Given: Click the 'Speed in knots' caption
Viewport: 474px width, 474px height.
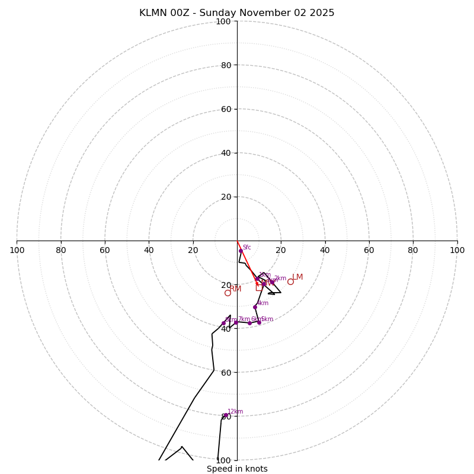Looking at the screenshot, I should pos(237,469).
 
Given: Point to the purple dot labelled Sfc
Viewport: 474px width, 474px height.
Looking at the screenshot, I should pos(241,251).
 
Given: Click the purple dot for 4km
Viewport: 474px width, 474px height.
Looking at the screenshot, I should pos(255,307).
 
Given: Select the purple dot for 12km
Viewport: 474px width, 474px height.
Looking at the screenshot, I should pos(225,415).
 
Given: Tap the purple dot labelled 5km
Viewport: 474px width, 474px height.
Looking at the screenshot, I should pos(259,322).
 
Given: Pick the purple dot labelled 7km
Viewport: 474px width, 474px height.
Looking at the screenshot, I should pos(236,323).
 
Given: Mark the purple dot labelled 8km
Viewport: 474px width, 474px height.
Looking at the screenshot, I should pos(223,323).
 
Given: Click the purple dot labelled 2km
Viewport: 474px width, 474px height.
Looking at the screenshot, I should pos(272,281).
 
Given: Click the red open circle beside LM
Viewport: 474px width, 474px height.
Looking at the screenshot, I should pos(290,281).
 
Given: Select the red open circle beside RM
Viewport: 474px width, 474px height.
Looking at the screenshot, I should pos(228,293).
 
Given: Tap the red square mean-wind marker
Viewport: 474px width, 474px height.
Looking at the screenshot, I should pos(259,287).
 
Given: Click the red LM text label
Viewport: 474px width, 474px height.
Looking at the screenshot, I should pos(297,277).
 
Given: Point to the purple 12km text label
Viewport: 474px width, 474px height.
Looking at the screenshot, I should pos(235,411).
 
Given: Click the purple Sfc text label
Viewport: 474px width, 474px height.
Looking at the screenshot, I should pos(246,247).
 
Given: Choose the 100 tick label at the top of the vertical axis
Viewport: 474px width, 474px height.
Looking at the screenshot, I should pos(223,21).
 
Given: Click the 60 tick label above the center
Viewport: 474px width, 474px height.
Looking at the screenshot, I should pos(225,109).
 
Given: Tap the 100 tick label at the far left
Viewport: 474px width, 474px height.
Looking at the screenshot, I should pos(17,250).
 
